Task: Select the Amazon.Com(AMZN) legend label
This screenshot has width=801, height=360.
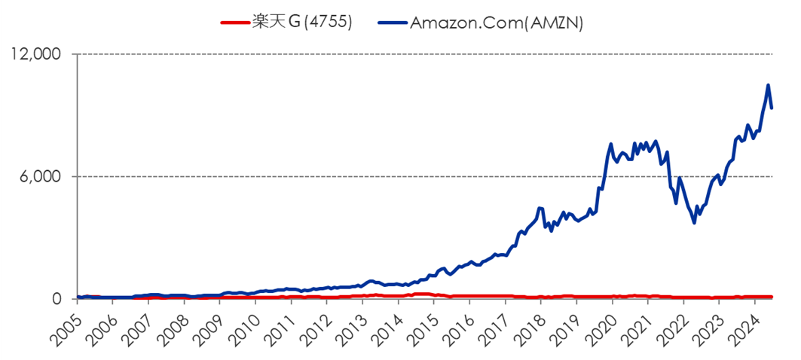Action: pos(497,23)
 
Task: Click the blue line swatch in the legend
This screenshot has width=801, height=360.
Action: pos(390,23)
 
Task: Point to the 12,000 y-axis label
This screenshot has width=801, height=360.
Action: pos(37,55)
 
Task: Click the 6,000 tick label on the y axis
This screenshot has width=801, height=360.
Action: pos(42,177)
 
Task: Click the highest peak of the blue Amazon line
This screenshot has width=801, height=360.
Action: pos(768,85)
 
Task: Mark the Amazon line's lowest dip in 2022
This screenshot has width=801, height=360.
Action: pos(694,223)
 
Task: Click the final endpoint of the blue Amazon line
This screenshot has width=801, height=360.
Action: pos(772,108)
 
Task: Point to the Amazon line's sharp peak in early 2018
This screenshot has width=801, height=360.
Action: pos(540,208)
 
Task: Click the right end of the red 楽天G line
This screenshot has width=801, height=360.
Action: pos(772,297)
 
